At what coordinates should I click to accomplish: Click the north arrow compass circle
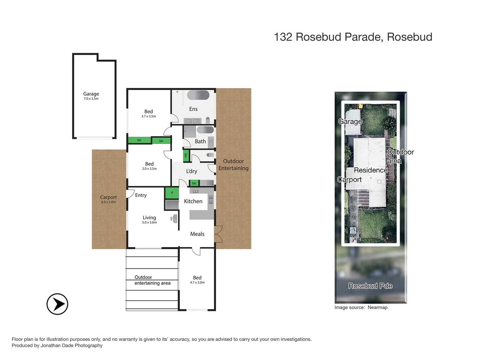click(57, 304)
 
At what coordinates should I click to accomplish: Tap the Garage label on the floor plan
click(91, 94)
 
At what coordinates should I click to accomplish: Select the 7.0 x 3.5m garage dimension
click(91, 99)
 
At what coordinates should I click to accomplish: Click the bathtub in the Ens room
click(198, 95)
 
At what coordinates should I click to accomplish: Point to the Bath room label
click(200, 141)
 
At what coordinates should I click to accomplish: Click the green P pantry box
click(172, 193)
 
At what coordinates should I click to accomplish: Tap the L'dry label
click(192, 171)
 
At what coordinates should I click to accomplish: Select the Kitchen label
click(193, 201)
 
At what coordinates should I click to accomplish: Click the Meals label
click(197, 234)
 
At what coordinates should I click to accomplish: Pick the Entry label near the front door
click(141, 195)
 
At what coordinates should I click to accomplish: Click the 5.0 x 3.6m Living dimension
click(149, 223)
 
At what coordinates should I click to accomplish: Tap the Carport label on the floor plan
click(108, 197)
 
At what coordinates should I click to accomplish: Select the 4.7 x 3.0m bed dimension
click(197, 283)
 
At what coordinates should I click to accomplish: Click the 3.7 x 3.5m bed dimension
click(149, 117)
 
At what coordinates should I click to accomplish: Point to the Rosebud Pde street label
click(370, 286)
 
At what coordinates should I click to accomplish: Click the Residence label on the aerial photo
click(371, 170)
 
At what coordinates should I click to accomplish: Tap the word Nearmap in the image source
click(377, 308)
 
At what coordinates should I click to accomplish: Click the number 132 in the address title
click(283, 37)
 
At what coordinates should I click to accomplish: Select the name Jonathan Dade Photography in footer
click(71, 346)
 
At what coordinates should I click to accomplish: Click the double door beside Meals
click(218, 234)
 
